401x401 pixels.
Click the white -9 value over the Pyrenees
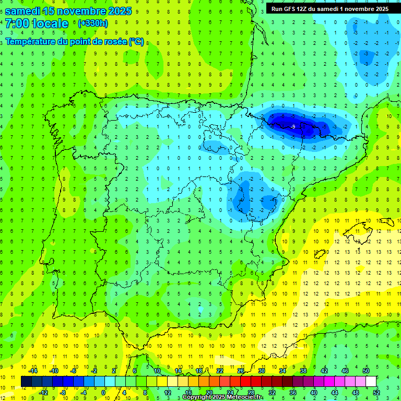[293, 127]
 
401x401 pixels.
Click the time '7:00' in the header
[17, 23]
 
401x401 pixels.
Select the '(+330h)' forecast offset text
[92, 23]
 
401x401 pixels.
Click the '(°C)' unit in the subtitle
[136, 42]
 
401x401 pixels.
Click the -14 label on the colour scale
[33, 371]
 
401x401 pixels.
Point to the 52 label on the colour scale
[376, 393]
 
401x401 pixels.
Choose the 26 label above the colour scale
[241, 371]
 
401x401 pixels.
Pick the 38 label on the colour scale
[303, 371]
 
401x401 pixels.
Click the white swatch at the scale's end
[371, 382]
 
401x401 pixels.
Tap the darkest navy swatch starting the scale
[26, 382]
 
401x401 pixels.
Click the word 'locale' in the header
[50, 23]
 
